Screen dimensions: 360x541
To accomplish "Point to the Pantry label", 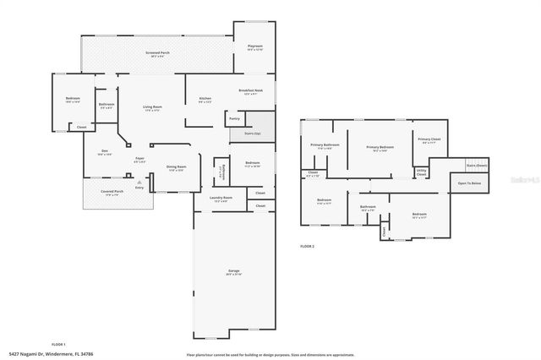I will [x=234, y=118].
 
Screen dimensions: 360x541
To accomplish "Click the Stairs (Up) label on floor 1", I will [x=252, y=134].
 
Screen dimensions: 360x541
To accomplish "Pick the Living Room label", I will [x=152, y=106].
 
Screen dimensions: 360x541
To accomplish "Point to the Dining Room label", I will [x=176, y=167].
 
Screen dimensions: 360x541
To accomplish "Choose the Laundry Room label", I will [x=221, y=199].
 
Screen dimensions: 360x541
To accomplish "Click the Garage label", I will [x=233, y=271].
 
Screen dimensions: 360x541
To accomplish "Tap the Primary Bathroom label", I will [x=325, y=145].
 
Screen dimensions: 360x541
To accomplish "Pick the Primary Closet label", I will [x=429, y=139].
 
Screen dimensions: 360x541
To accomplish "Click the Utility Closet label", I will [x=421, y=172].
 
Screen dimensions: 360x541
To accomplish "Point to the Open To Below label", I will [x=470, y=183].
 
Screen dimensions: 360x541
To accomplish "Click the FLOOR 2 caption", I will [x=307, y=246].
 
